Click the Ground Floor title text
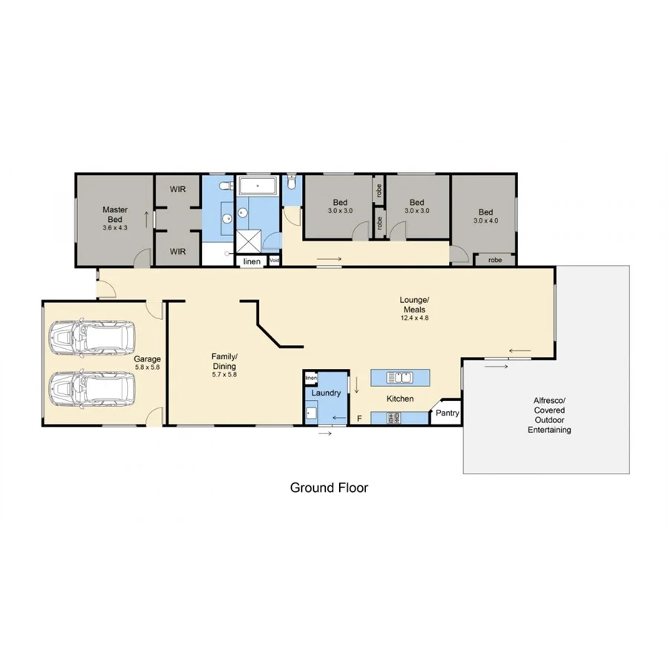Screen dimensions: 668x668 pos(329,488)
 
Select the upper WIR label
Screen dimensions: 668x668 pos(177,189)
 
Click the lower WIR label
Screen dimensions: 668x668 pos(177,252)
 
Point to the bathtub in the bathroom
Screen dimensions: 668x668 pos(258,185)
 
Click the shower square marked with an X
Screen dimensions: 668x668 pos(249,239)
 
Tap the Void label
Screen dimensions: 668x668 pos(275,261)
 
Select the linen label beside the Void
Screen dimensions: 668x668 pos(252,261)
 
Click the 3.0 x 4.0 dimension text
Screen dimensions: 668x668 pos(485,220)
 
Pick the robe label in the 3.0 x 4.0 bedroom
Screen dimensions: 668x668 pos(495,260)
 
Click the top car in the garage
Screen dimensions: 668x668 pos(92,337)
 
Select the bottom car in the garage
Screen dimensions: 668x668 pos(92,387)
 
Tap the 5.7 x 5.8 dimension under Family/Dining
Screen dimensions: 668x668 pos(223,375)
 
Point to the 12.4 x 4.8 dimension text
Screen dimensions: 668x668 pos(416,318)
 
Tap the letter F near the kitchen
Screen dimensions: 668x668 pos(359,419)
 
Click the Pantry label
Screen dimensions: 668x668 pos(448,413)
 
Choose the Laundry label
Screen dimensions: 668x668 pos(326,393)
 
